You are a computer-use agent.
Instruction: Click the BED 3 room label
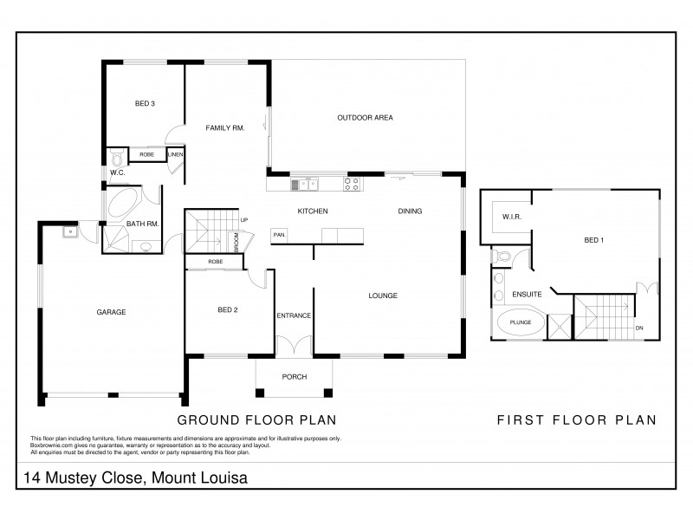coord(144,105)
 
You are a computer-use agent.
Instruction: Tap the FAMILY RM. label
coord(224,128)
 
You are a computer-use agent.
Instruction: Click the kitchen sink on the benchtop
coord(304,183)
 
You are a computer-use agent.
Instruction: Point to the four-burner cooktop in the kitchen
coord(352,183)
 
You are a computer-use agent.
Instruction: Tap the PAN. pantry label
coord(280,234)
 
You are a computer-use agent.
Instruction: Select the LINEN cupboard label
coord(175,155)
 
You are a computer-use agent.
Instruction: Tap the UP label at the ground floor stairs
coord(244,220)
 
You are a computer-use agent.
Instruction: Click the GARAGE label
coord(112,312)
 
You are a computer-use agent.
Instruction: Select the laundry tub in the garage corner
coord(67,231)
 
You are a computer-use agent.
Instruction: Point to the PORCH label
coord(294,377)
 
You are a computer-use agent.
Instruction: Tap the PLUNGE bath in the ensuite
coord(520,322)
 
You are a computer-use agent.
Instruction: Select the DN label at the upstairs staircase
coord(638,328)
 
